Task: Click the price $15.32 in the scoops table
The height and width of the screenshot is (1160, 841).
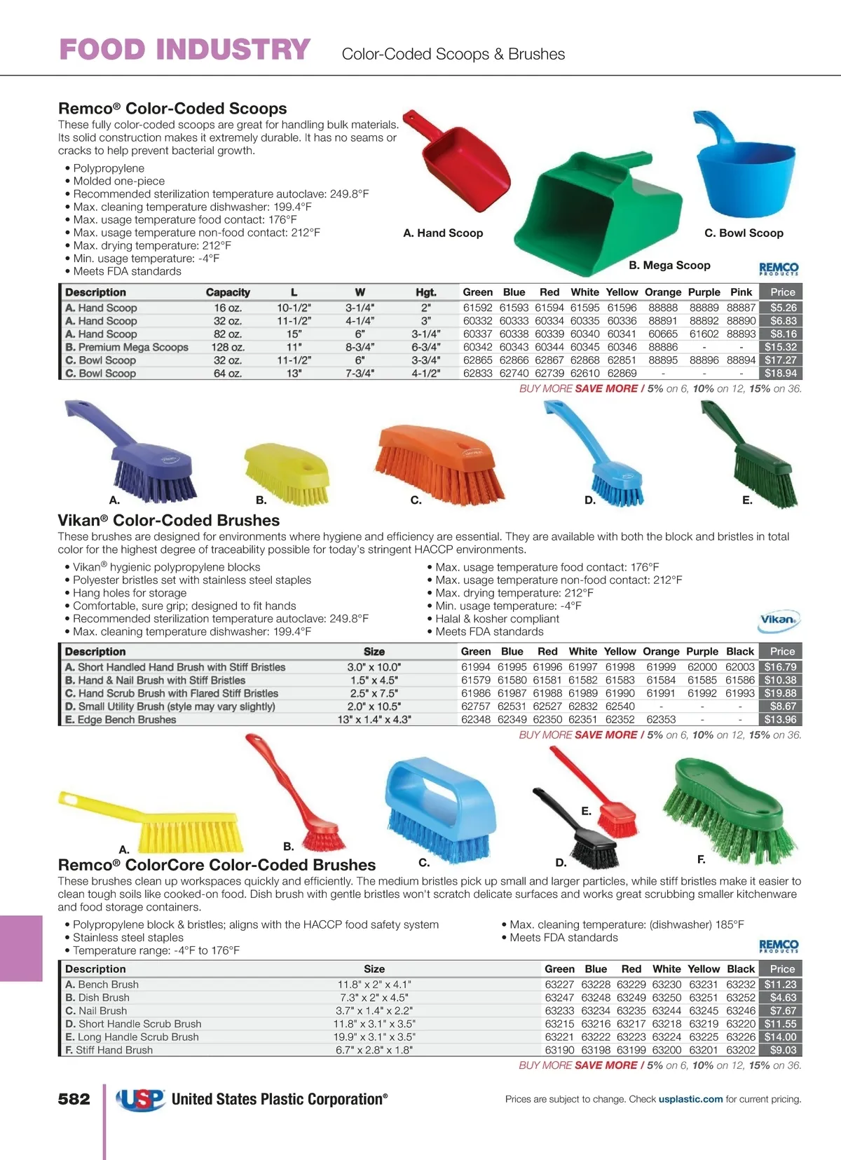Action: [x=781, y=347]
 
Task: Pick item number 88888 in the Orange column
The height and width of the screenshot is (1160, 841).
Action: [x=662, y=308]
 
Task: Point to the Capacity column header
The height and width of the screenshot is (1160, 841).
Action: [x=228, y=292]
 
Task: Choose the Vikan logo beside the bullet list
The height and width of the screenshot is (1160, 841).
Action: [x=779, y=620]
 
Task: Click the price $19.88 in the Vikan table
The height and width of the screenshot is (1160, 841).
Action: [x=780, y=693]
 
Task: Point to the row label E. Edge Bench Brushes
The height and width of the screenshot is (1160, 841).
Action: [x=121, y=720]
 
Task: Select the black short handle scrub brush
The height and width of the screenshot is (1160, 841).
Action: [x=582, y=834]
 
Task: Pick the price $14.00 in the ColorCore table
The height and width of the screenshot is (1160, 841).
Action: [x=780, y=1037]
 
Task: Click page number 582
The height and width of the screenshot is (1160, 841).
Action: [x=74, y=1099]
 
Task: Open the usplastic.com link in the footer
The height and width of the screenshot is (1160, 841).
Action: [x=690, y=1099]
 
